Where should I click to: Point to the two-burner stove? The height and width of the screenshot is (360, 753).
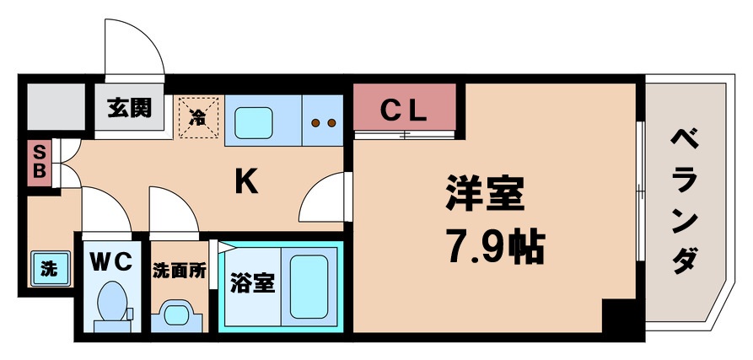(x=323, y=122)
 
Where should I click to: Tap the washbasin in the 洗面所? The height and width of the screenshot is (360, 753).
(x=178, y=314)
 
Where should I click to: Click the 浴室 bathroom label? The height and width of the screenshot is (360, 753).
(x=252, y=283)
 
